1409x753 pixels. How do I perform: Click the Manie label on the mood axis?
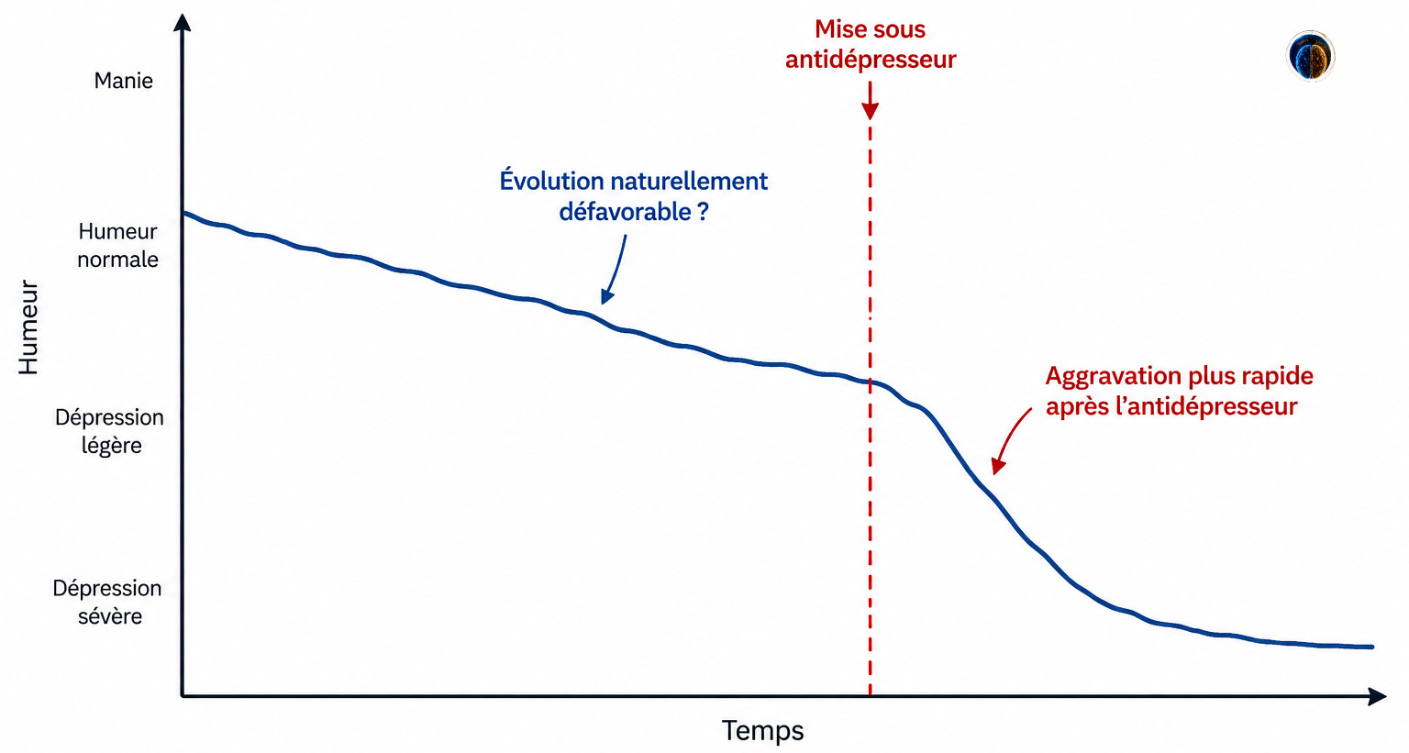123,81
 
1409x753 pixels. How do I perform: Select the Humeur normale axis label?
117,245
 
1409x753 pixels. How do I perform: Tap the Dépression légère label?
109,431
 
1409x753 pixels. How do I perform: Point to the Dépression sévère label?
107,602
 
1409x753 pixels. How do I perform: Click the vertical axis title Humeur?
29,327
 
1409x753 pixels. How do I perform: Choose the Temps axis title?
762,731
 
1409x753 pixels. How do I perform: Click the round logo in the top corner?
1310,56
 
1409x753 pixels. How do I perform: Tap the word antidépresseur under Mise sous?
871,60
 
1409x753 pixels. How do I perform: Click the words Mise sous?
870,29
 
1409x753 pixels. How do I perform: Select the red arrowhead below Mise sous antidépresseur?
870,111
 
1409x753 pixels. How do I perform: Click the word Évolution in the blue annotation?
551,181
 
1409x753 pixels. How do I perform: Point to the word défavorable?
626,212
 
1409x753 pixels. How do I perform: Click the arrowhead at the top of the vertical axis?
182,23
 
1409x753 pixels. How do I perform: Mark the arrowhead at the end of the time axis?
1377,696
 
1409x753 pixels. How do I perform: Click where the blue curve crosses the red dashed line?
870,382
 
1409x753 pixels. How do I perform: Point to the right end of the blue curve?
1372,647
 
